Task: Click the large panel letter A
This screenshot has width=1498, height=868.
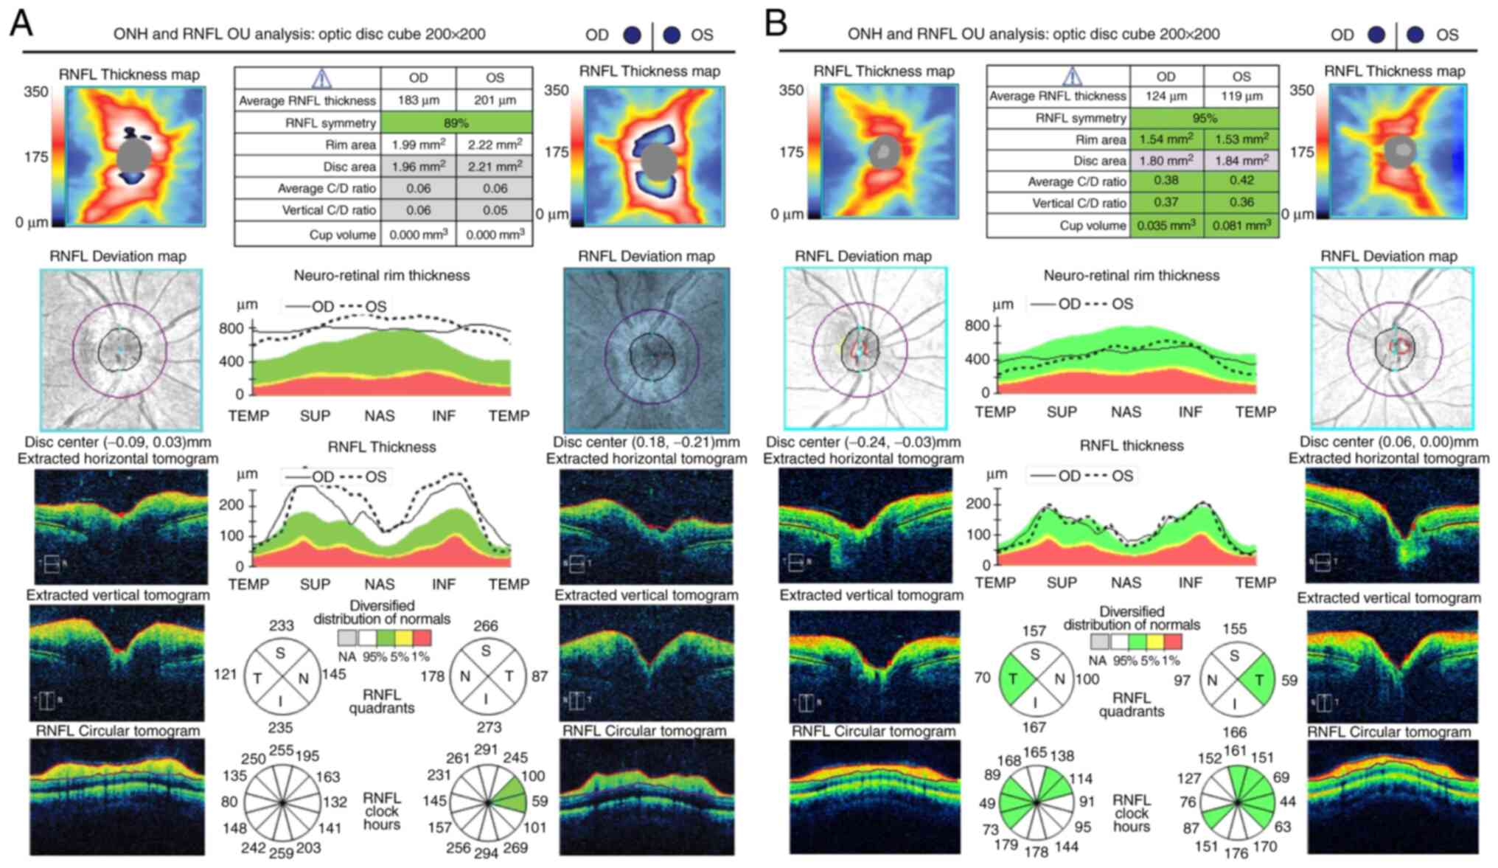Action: (x=21, y=24)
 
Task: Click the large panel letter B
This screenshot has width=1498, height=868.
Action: (x=776, y=24)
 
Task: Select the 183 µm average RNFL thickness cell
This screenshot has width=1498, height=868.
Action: (x=418, y=100)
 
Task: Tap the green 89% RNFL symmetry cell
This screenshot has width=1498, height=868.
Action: (x=456, y=122)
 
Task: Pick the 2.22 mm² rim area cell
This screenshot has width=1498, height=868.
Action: (x=495, y=145)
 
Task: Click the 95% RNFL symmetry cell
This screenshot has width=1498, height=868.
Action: (x=1204, y=118)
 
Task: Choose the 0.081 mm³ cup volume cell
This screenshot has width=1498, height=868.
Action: (x=1241, y=226)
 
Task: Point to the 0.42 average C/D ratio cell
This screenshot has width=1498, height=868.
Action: (x=1241, y=181)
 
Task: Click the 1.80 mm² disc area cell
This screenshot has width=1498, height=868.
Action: (x=1166, y=160)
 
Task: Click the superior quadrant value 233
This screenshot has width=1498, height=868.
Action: (x=282, y=626)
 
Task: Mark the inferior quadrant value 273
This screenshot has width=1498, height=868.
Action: (x=489, y=727)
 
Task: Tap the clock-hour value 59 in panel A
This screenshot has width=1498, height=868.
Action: (x=540, y=801)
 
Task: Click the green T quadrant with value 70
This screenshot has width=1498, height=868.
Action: (x=1015, y=678)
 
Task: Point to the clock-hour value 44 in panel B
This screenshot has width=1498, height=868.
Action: (x=1287, y=802)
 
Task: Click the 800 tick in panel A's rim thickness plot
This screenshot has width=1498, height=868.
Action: (x=231, y=329)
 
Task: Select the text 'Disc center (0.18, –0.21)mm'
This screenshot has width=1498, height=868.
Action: (x=646, y=442)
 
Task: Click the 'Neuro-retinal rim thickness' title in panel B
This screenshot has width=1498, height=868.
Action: (x=1131, y=276)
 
